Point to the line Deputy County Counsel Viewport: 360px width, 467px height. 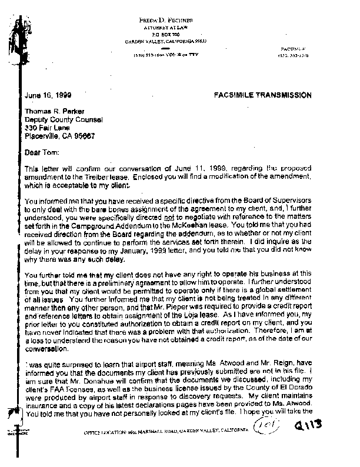click(59, 119)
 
